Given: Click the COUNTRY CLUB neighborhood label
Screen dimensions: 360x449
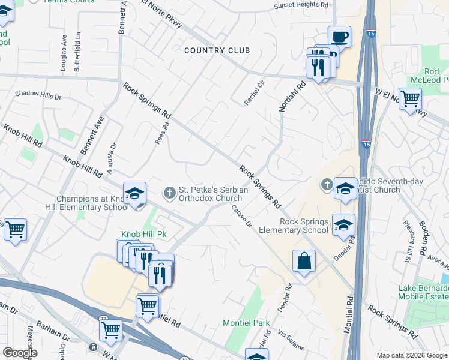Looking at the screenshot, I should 217,50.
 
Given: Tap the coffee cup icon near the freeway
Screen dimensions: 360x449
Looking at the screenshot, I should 339,37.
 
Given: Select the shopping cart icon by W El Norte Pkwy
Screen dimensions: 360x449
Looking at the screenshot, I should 410,98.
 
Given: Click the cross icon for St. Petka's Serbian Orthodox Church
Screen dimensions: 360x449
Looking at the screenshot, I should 170,193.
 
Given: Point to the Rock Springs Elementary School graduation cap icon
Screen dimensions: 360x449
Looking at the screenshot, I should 343,224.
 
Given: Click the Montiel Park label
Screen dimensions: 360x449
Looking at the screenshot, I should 246,323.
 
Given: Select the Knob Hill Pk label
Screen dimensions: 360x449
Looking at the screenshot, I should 144,234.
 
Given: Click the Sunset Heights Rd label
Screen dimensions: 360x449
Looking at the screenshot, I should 302,5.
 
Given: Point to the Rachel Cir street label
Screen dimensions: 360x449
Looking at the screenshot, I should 255,93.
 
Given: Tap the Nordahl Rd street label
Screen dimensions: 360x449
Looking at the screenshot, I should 292,96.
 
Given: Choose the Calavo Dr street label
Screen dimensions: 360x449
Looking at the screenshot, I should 242,217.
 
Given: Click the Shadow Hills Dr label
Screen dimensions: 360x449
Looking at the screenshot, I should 38,95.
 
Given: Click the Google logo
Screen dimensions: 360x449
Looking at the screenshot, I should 19,353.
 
